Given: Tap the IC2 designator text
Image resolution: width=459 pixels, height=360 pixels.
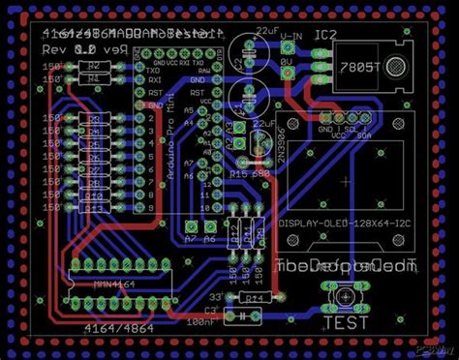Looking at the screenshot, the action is (x=326, y=36).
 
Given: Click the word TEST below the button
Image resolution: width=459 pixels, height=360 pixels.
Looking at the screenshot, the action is (x=345, y=323).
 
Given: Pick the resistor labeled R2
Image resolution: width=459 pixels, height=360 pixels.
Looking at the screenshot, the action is (x=93, y=66).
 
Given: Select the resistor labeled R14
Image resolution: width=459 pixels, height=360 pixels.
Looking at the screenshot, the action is (x=253, y=300).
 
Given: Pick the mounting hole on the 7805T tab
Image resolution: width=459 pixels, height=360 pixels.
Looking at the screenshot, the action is (x=397, y=67).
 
